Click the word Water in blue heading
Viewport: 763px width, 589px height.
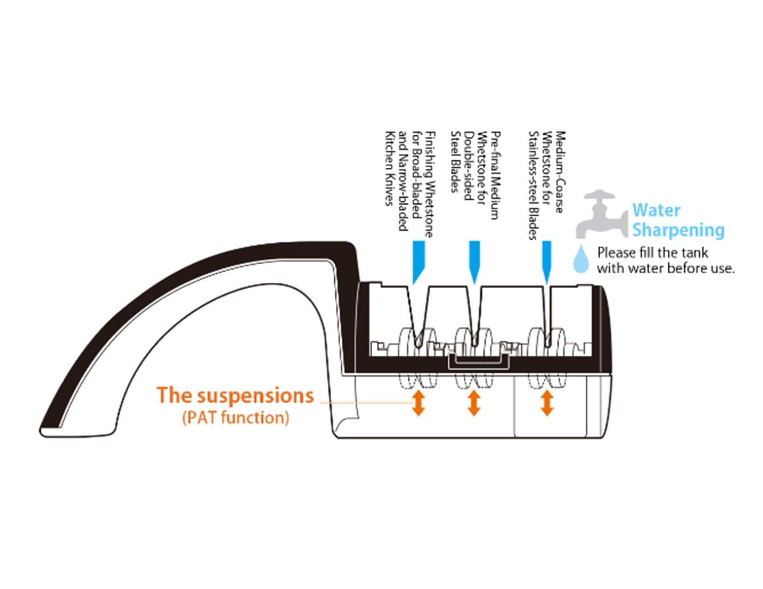[x=656, y=210]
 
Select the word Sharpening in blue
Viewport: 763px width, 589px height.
[x=678, y=231]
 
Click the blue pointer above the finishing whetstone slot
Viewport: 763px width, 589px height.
[x=418, y=262]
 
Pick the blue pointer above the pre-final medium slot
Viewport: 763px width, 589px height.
[x=474, y=262]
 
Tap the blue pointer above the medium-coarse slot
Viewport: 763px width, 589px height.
[x=547, y=262]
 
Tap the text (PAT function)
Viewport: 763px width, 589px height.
[x=236, y=418]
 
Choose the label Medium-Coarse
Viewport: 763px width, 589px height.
[x=560, y=172]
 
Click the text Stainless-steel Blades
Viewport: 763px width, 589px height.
[x=533, y=186]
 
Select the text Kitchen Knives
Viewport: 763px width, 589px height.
[x=389, y=169]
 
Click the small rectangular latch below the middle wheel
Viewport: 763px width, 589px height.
[x=479, y=362]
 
